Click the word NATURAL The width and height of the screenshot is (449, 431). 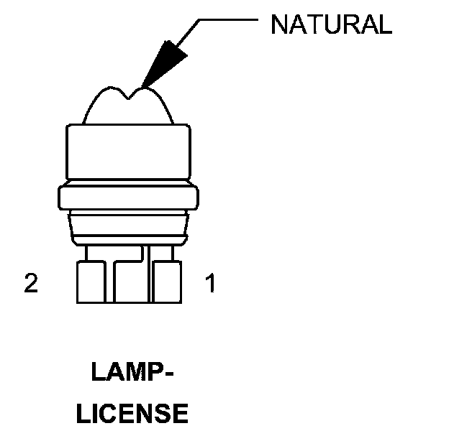click(x=330, y=25)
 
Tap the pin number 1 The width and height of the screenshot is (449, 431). click(x=210, y=284)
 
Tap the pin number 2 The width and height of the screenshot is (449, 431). click(x=30, y=284)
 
